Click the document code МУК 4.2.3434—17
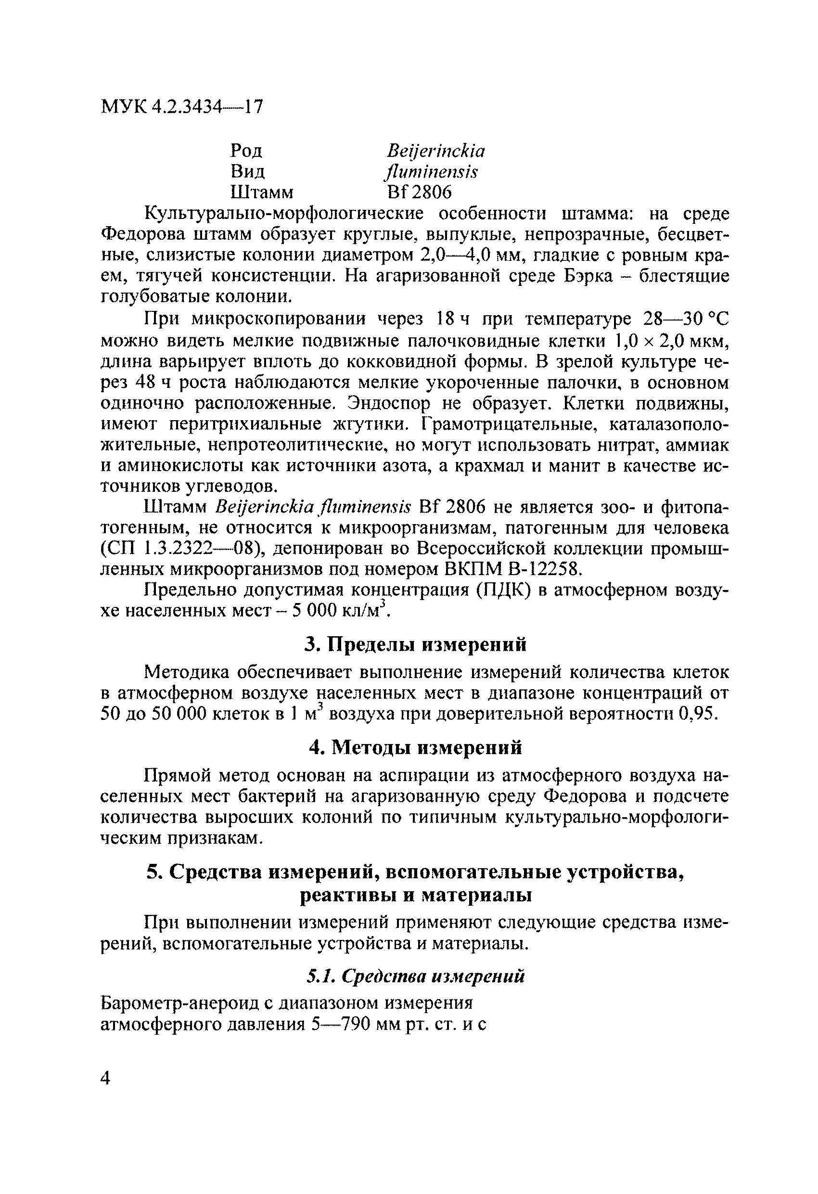click(182, 107)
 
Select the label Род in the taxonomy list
click(246, 151)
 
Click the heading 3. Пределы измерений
click(415, 644)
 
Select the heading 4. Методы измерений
click(415, 747)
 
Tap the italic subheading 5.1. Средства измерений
click(415, 976)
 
